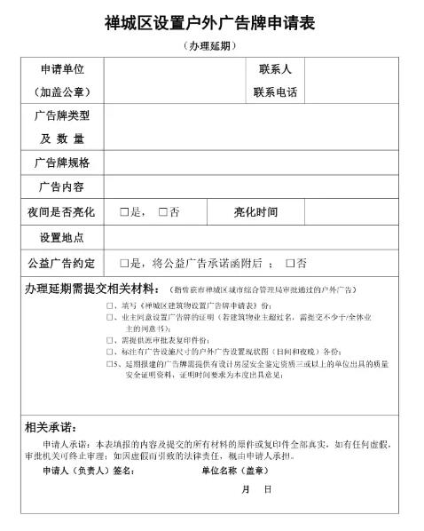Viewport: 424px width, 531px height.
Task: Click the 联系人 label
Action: coord(274,69)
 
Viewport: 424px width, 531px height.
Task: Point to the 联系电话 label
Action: coord(274,92)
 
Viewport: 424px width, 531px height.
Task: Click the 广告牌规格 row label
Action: coord(62,162)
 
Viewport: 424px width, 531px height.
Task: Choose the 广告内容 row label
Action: coord(62,187)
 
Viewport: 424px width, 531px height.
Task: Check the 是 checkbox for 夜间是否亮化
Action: coord(125,212)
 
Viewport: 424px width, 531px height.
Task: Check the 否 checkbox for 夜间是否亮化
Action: coord(163,212)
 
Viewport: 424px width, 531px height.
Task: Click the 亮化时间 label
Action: coord(255,212)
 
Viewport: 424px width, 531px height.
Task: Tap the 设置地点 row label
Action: coord(62,238)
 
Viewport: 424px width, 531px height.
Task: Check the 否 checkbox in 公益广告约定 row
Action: coord(289,264)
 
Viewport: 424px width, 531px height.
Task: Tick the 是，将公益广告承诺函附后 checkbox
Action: coord(125,264)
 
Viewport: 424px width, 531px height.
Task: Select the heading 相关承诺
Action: coord(51,428)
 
